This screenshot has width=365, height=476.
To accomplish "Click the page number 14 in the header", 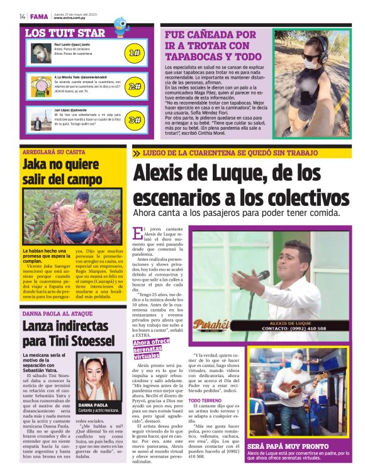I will click(x=22, y=16).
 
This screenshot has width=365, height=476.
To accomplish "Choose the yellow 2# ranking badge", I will click(x=134, y=86).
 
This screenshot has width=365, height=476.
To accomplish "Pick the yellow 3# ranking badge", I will click(x=134, y=119).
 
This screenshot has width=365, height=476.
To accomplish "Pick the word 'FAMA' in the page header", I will click(x=38, y=16).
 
